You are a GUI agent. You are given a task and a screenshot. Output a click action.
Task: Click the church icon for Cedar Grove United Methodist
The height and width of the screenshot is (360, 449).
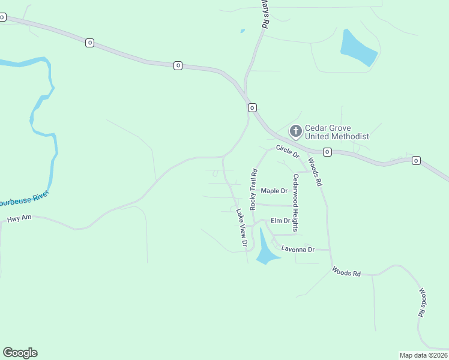[x=295, y=131]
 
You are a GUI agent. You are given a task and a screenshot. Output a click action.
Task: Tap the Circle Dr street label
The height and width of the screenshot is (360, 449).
[x=288, y=151]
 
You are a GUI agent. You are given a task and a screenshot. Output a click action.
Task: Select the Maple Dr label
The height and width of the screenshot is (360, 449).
[x=274, y=191]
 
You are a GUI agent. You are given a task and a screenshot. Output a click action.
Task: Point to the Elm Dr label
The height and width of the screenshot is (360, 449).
[x=280, y=221]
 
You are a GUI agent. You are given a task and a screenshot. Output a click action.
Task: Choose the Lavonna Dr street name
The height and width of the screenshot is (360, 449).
[x=298, y=249]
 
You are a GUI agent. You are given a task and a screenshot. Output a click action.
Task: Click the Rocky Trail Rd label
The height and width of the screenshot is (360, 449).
[x=254, y=189]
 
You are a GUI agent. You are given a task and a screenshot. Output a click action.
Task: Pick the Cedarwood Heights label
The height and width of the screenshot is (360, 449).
[x=295, y=203]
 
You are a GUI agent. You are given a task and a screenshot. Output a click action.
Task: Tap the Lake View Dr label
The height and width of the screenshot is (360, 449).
[x=241, y=228]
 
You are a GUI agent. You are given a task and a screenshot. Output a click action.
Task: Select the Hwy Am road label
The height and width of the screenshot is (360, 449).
[x=19, y=220]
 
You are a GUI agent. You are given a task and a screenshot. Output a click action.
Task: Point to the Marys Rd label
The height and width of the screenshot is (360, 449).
[x=263, y=14]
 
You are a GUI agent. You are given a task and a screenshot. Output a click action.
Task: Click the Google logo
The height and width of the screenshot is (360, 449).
[x=20, y=353]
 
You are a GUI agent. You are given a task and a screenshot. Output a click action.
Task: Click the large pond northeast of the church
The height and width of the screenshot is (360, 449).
[x=358, y=48]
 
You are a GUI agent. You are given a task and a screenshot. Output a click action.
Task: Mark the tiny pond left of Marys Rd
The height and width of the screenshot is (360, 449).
[x=243, y=31]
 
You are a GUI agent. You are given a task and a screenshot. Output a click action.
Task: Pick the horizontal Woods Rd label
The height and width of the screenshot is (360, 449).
[x=346, y=272]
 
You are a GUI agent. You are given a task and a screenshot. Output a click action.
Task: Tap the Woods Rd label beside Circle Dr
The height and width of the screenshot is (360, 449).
[x=315, y=172]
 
